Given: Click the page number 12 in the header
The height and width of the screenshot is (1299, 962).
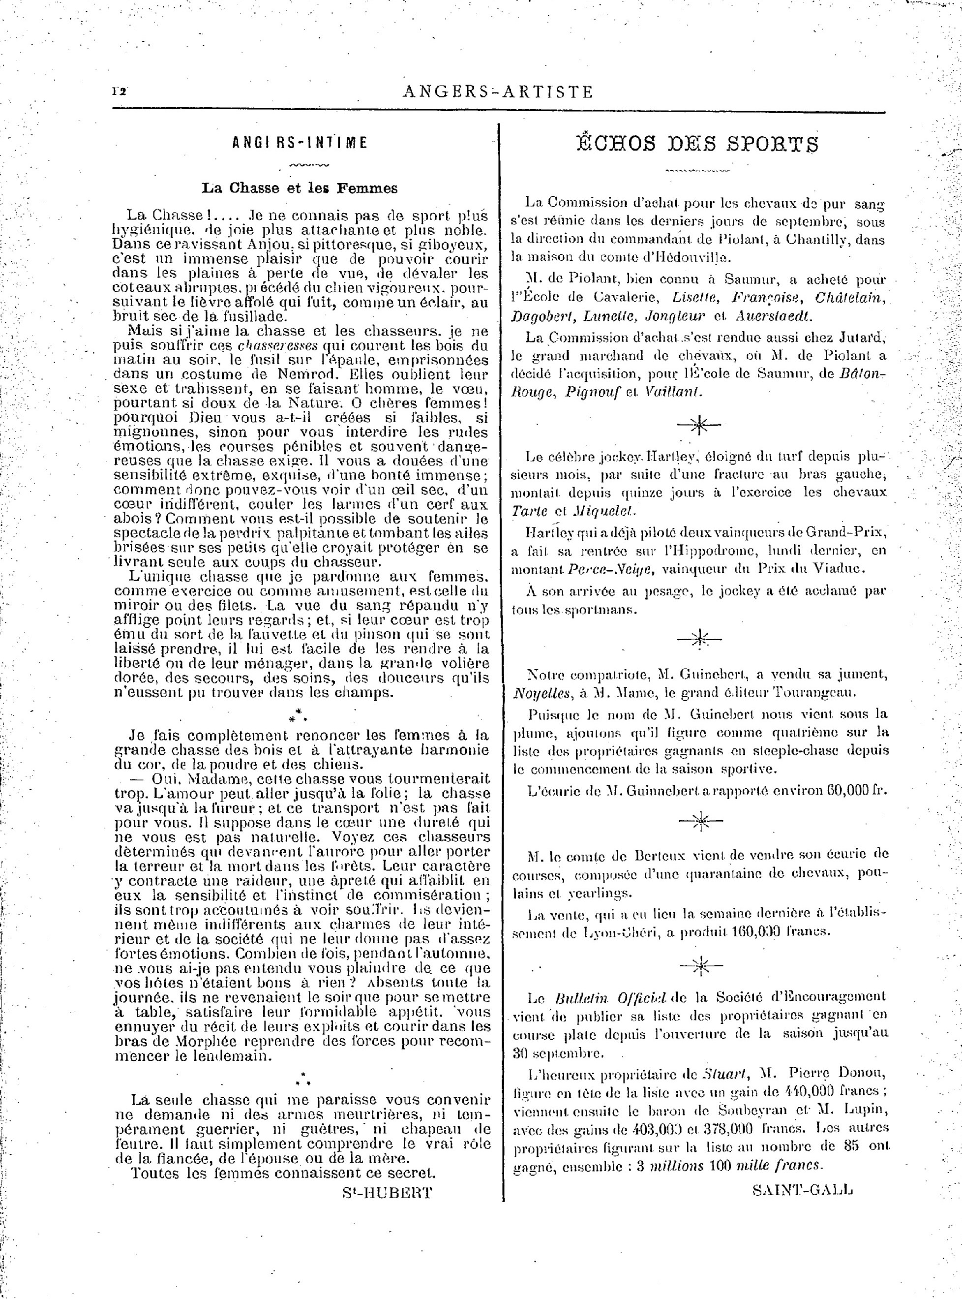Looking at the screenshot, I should tap(120, 91).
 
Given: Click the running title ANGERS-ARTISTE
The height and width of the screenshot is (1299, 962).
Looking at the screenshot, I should tap(497, 92).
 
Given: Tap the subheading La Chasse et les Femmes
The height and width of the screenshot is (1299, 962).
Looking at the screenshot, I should tap(300, 188).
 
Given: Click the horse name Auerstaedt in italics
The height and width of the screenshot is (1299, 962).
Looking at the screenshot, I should tap(774, 316).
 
